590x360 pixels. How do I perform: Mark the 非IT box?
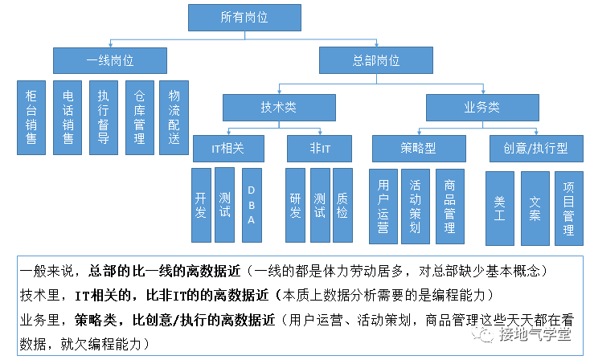[319, 149]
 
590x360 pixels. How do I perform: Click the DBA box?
[251, 205]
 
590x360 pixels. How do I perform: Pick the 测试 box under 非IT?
[319, 205]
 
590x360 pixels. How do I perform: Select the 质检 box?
[342, 205]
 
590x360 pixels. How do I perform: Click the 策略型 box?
[418, 149]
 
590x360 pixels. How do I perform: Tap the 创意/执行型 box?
[535, 149]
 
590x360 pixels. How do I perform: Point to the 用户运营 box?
[383, 207]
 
